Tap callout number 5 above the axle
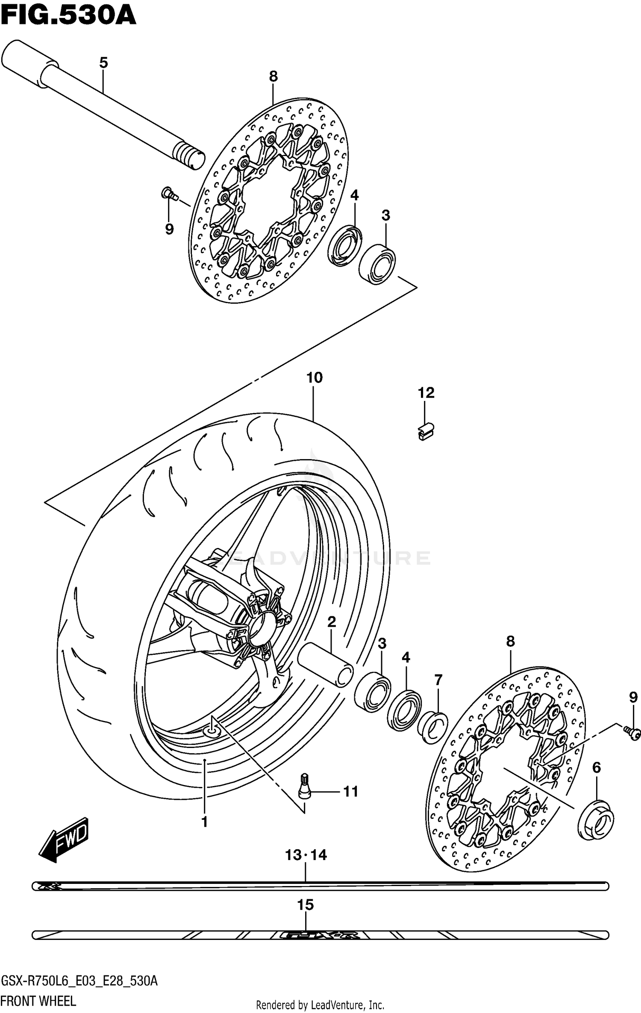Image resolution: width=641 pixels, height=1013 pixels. click(103, 63)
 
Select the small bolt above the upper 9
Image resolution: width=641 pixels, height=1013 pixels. click(168, 194)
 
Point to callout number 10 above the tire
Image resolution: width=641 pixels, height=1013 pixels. click(314, 378)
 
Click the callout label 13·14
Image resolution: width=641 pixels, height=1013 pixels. click(306, 855)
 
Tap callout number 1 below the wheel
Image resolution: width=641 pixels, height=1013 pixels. click(204, 822)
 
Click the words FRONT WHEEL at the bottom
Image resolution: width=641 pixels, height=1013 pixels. click(38, 1001)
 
